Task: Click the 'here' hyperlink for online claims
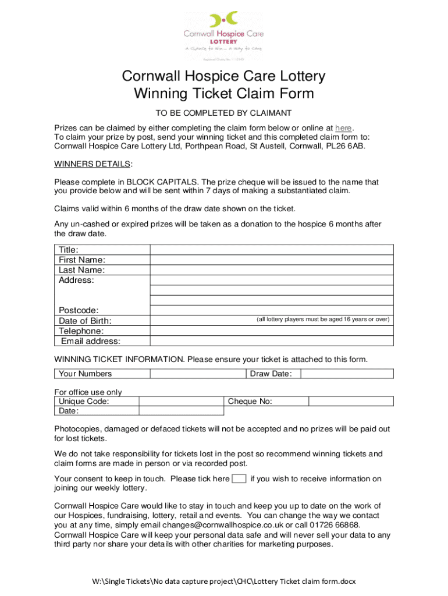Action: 343,128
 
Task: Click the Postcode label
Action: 79,310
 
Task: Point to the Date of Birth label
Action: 85,321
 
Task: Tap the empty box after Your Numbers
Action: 198,374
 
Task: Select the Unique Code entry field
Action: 181,401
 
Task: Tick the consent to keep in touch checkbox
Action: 239,479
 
